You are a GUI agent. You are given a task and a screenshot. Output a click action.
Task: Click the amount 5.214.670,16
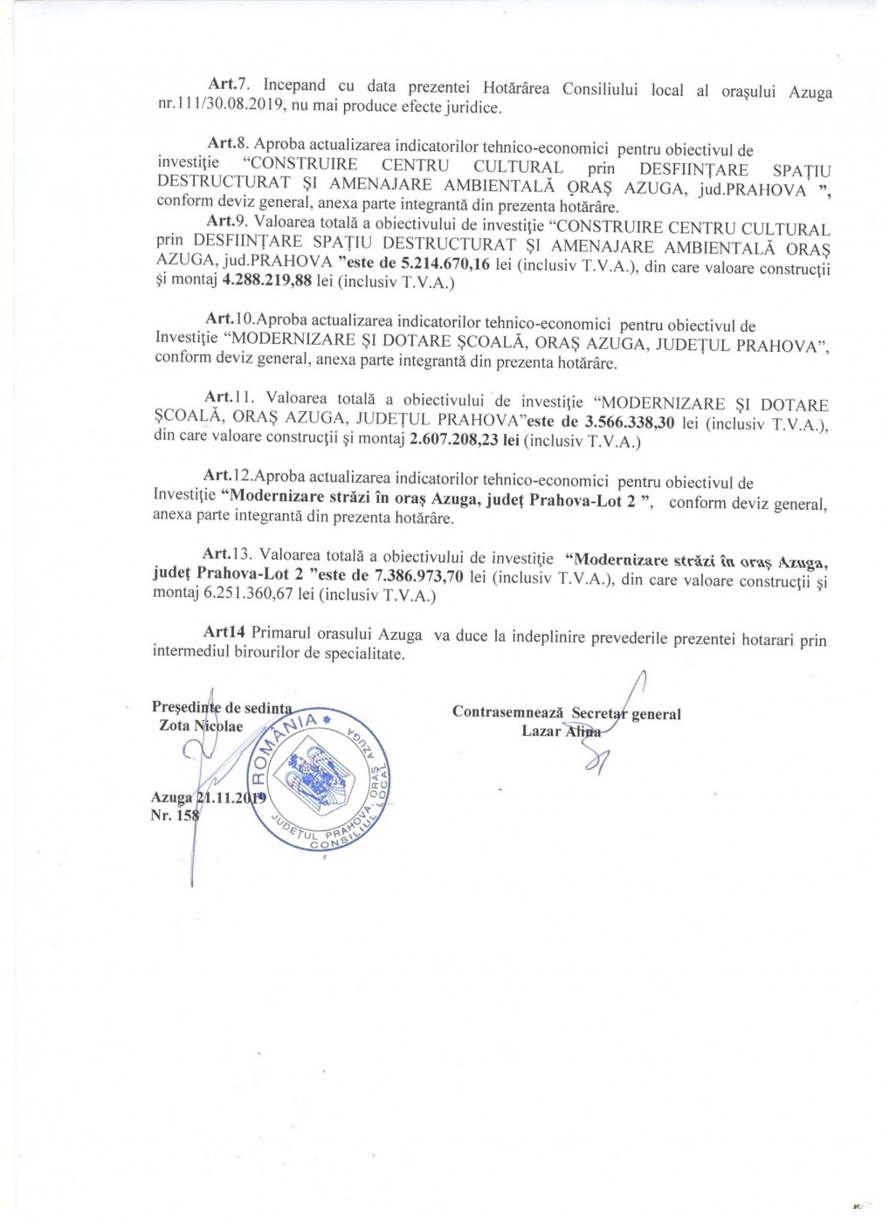pyautogui.click(x=444, y=264)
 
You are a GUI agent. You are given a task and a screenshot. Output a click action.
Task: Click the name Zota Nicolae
pyautogui.click(x=201, y=726)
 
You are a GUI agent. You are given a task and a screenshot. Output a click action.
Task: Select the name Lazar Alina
pyautogui.click(x=561, y=731)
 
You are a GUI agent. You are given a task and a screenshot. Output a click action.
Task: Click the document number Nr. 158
pyautogui.click(x=175, y=815)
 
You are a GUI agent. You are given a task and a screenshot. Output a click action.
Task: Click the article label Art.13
pyautogui.click(x=228, y=554)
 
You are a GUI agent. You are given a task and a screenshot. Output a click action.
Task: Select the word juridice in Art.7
pyautogui.click(x=472, y=107)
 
